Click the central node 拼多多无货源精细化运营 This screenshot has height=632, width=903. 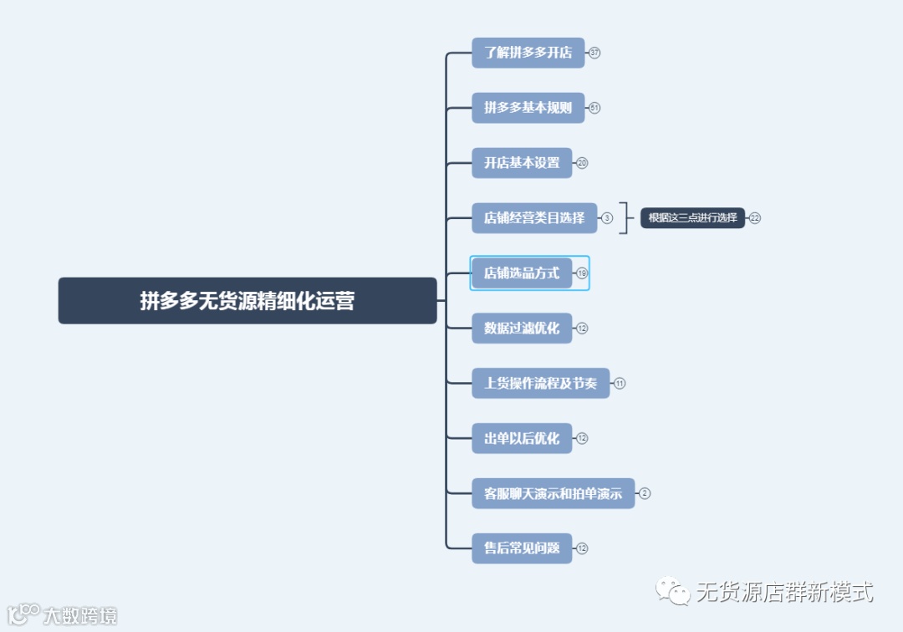(247, 301)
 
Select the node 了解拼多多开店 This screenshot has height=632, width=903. (528, 53)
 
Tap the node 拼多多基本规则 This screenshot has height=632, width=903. (528, 108)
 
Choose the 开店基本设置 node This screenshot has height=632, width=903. (522, 163)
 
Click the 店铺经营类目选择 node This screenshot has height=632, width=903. (534, 218)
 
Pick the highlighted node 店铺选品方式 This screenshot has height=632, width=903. (522, 273)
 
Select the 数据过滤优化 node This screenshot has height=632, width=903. (522, 329)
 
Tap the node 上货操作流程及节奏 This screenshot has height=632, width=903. (540, 384)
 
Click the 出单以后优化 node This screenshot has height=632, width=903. (522, 438)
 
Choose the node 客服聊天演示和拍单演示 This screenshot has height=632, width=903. (553, 493)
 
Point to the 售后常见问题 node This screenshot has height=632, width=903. (522, 548)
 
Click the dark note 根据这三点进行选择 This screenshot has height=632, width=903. (692, 218)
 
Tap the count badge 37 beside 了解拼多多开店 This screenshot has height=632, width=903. (594, 53)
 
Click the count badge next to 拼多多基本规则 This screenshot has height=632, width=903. (594, 108)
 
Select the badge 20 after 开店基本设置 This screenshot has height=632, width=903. (582, 163)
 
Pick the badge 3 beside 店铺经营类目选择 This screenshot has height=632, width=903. (607, 218)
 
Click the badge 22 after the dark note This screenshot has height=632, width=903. (755, 218)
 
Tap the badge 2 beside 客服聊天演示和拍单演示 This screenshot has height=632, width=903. (645, 493)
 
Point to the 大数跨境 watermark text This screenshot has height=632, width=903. (80, 616)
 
